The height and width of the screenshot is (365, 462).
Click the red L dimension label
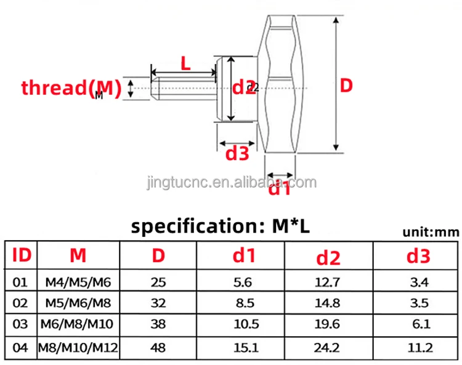[x=185, y=63]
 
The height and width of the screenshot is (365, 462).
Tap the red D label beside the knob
[x=346, y=86]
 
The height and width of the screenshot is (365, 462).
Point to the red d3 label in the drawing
[x=237, y=154]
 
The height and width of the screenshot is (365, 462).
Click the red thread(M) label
[x=71, y=88]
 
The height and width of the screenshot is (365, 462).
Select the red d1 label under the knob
[x=279, y=188]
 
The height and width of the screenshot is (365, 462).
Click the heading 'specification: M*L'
[x=221, y=227]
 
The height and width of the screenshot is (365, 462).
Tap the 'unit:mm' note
[x=431, y=233]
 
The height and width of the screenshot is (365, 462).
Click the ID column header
[x=22, y=255]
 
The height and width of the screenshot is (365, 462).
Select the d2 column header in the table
[x=328, y=258]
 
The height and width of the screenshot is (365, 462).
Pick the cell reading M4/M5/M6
[x=78, y=283]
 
